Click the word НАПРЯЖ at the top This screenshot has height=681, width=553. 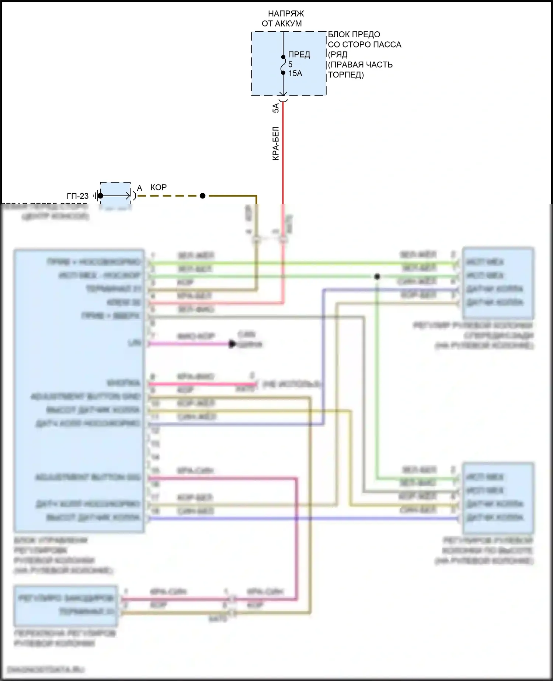[286, 14]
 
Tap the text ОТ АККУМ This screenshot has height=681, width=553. [282, 24]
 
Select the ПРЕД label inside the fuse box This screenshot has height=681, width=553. [299, 55]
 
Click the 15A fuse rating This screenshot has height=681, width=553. [295, 73]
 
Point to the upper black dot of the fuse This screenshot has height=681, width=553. [283, 57]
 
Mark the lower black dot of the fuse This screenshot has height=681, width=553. [283, 73]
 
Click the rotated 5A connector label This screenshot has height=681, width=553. [276, 108]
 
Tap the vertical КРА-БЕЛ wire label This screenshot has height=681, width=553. [276, 144]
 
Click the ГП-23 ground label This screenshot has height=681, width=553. [77, 196]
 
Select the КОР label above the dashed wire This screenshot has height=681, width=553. [159, 187]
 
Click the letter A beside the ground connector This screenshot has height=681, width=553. [139, 189]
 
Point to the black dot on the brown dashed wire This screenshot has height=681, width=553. [202, 196]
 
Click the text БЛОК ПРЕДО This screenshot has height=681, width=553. [354, 35]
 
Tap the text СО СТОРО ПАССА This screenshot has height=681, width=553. [364, 45]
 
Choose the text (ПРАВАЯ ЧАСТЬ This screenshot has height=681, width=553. [360, 65]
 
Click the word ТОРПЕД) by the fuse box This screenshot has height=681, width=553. [346, 75]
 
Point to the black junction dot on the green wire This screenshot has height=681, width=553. [377, 276]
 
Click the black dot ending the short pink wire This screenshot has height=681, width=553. [232, 344]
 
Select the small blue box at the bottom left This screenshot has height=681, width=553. [66, 606]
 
